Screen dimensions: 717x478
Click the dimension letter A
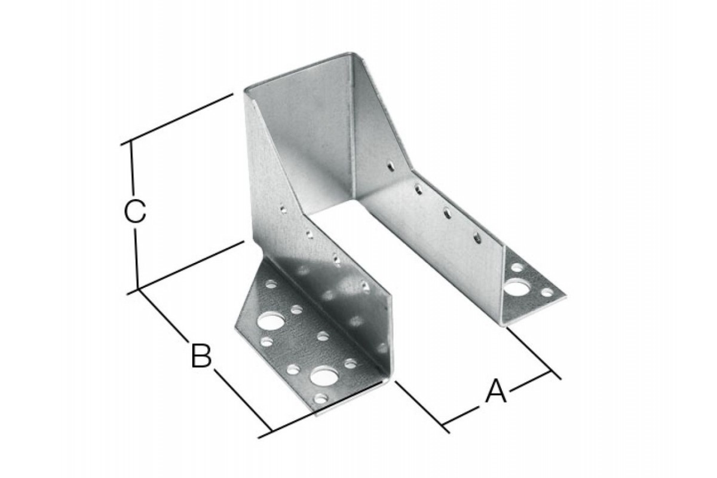tap(496, 391)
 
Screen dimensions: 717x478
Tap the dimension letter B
tap(201, 356)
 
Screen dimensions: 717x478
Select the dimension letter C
tap(135, 212)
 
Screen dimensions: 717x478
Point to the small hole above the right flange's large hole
tap(517, 266)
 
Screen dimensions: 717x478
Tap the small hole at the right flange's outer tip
tap(547, 292)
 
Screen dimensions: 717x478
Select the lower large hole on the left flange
tap(324, 376)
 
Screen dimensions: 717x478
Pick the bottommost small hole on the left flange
tap(321, 399)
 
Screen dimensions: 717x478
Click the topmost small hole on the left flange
tap(271, 284)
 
